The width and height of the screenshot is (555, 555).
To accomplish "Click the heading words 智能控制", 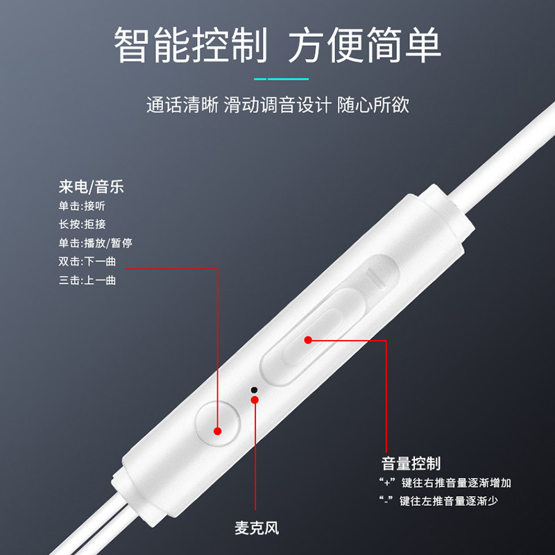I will click(190, 46).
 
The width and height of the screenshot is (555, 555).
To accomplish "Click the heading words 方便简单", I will click(365, 46).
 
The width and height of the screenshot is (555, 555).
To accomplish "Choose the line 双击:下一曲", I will click(88, 262).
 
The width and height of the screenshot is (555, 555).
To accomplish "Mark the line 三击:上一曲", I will click(88, 280).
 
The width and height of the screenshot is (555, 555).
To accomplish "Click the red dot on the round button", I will click(217, 431).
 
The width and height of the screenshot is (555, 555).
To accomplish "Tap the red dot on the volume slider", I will click(309, 339).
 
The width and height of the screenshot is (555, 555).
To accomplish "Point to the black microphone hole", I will click(254, 390).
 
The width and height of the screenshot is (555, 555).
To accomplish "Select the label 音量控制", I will click(411, 463).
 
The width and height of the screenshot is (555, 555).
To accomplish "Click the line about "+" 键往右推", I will click(445, 483).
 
